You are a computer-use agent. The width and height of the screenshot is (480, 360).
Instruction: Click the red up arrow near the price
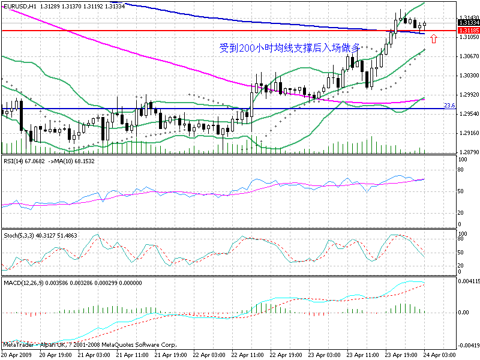433,39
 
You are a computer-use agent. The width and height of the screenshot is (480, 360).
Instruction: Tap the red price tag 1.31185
467,30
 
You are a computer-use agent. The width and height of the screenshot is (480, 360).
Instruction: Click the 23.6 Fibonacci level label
448,106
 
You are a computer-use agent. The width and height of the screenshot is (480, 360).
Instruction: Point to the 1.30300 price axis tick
467,76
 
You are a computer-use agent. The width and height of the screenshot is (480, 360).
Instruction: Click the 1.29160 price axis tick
467,133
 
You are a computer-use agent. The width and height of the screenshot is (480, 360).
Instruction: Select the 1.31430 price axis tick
467,18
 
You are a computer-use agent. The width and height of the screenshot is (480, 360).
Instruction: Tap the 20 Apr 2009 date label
17,355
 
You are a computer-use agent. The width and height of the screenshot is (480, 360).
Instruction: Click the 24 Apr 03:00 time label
440,355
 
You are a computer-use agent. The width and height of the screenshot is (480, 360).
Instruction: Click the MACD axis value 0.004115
468,281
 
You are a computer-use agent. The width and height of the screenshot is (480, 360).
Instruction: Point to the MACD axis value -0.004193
467,346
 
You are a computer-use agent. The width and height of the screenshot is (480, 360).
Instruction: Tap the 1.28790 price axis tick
467,152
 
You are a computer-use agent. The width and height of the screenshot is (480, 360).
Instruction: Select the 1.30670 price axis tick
467,56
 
